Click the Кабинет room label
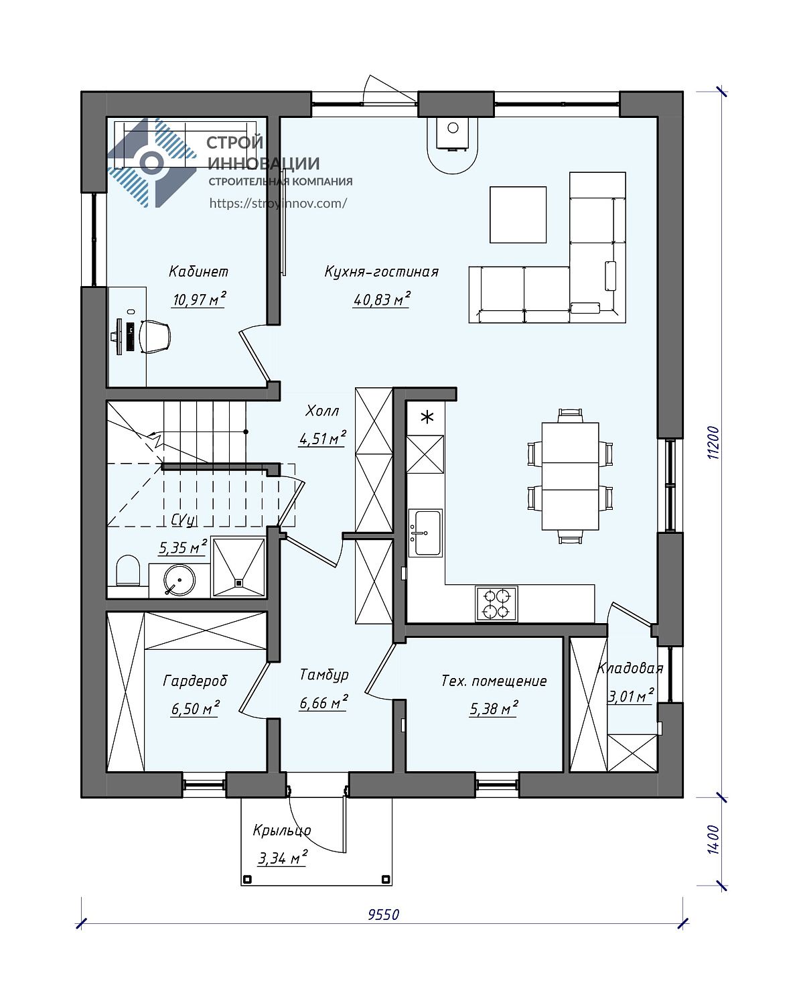tap(198, 271)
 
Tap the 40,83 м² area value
tap(382, 299)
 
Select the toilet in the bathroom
tap(127, 569)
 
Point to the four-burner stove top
tap(496, 604)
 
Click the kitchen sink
tap(425, 533)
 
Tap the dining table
tap(570, 476)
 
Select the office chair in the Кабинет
tap(155, 336)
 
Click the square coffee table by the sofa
tap(518, 215)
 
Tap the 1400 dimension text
tap(714, 840)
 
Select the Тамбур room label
tap(324, 675)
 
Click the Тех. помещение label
tap(494, 681)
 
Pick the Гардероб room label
tap(195, 681)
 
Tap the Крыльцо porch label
tap(282, 830)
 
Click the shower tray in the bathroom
tap(238, 567)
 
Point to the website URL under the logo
tap(278, 203)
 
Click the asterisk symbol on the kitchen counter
tap(427, 417)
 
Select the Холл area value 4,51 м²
tap(322, 439)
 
